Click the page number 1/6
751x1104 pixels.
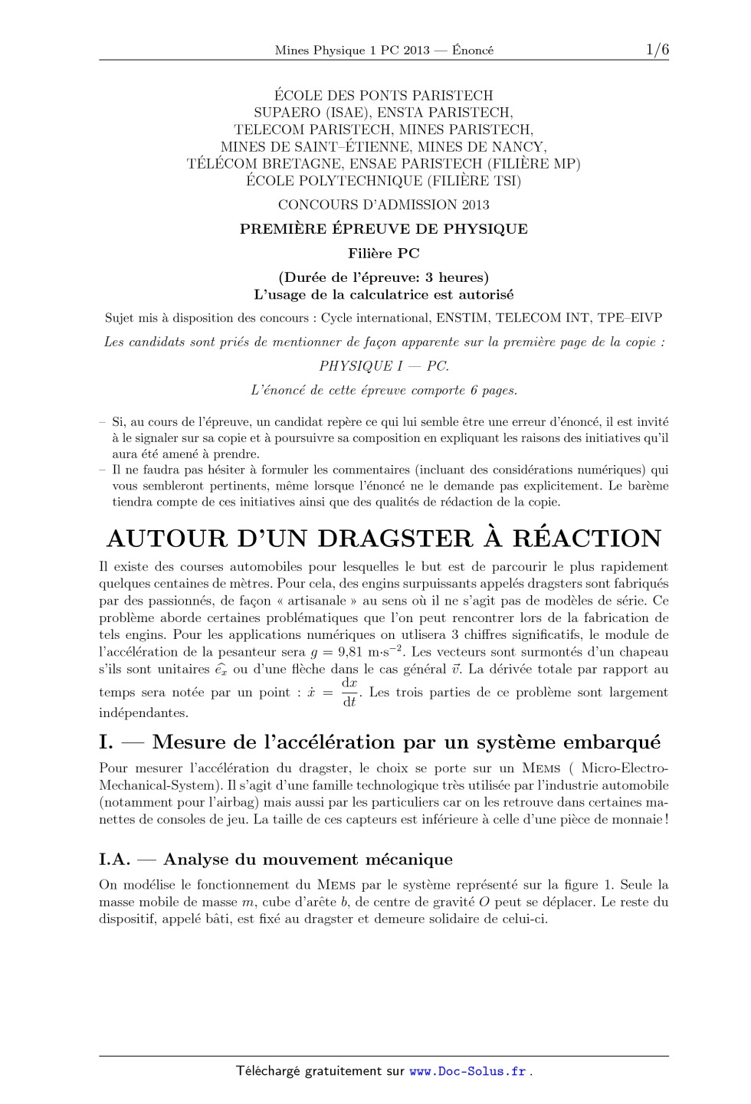coord(657,50)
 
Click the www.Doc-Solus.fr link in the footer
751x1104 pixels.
coord(467,1071)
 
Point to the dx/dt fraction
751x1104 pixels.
coord(349,692)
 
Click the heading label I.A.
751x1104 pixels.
coord(115,860)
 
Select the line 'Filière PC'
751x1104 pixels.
coord(384,254)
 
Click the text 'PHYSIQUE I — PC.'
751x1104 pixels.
coord(384,366)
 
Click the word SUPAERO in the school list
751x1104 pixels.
coord(281,113)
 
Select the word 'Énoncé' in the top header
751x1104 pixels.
coord(473,51)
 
